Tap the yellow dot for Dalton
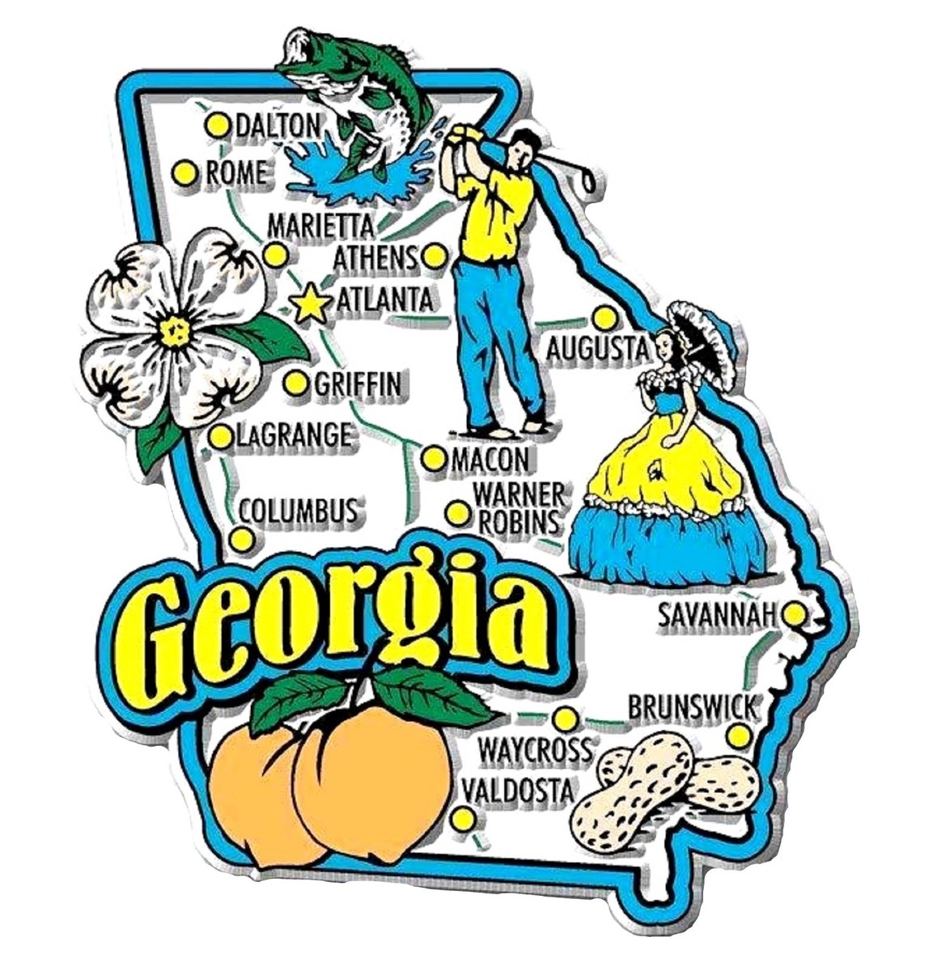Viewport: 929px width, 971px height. [217, 125]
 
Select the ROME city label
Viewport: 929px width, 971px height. [235, 172]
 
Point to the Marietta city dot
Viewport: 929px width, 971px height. [275, 256]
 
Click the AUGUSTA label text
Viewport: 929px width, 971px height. [597, 350]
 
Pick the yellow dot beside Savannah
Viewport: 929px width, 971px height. [795, 615]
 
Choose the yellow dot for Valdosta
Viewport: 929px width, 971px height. [463, 819]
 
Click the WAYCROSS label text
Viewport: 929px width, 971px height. [534, 751]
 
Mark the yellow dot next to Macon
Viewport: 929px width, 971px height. [434, 459]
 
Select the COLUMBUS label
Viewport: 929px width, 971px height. [298, 511]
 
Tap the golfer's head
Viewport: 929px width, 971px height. [525, 148]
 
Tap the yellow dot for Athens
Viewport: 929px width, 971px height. [435, 257]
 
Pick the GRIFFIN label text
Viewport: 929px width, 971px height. [356, 384]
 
